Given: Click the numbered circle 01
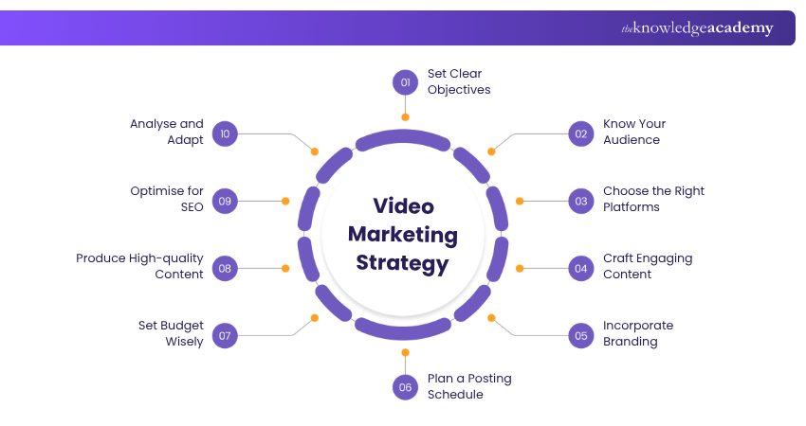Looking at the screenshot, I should [x=405, y=82].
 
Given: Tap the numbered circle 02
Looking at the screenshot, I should [x=581, y=133].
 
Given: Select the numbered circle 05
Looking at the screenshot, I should [x=581, y=334].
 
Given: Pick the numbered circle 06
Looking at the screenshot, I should [x=405, y=386].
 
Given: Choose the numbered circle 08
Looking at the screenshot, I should [x=225, y=268].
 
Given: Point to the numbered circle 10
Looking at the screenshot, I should [x=225, y=133].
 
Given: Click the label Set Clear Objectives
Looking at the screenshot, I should [x=459, y=82].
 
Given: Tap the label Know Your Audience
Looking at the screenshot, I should [x=634, y=133].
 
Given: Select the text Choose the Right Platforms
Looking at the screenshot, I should [x=653, y=200].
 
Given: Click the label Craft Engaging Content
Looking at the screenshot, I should [x=648, y=267].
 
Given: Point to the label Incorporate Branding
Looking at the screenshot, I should [x=638, y=334].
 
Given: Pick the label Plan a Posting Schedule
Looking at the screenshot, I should [x=468, y=386].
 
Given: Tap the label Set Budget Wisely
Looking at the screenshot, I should [x=171, y=334].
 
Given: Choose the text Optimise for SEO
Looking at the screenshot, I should [x=167, y=200].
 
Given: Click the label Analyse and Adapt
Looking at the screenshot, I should [x=167, y=133].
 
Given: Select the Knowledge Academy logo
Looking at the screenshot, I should [x=697, y=28].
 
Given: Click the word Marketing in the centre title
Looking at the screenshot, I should [x=403, y=235].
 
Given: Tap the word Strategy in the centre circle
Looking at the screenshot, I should [x=403, y=262].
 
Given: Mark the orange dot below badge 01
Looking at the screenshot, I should [x=405, y=117].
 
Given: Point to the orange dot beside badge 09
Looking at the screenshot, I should [x=284, y=201].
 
